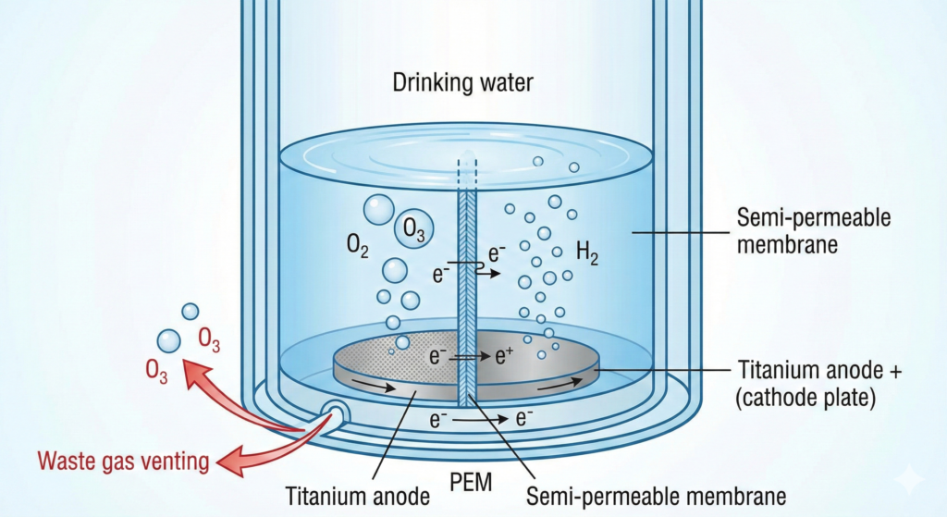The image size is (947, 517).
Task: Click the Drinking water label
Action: click(463, 84)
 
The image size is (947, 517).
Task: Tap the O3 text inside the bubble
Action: click(413, 230)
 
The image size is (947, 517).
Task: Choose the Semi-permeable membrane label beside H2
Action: click(814, 232)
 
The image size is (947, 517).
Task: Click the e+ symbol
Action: click(503, 354)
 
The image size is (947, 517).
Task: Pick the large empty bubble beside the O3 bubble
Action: click(378, 210)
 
